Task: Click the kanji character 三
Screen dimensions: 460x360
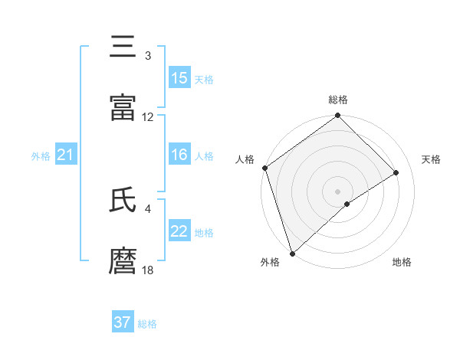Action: point(123,47)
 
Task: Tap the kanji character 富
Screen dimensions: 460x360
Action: point(123,108)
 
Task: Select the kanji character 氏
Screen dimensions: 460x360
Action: point(123,200)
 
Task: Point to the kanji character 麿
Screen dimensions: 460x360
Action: point(123,261)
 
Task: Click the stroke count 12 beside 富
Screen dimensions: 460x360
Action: point(148,117)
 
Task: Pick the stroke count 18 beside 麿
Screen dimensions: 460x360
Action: point(148,270)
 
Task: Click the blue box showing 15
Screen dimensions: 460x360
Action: point(179,78)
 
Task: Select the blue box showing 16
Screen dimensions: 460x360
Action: point(179,155)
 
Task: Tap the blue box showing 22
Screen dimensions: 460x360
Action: point(179,231)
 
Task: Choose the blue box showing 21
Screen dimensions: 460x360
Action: point(66,155)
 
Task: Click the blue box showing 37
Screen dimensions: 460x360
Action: point(123,322)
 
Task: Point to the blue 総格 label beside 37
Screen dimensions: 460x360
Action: point(147,324)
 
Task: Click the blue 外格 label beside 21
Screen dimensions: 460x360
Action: point(41,156)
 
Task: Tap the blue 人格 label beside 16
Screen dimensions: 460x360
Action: point(204,156)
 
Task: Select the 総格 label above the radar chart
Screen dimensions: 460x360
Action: point(338,100)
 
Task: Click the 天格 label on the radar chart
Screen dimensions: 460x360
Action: point(432,159)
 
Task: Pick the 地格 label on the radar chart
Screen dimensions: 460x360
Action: point(402,262)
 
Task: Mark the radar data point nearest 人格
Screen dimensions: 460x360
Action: point(264,168)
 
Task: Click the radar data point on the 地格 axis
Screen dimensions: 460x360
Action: point(347,204)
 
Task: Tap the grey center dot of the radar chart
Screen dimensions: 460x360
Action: point(337,191)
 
